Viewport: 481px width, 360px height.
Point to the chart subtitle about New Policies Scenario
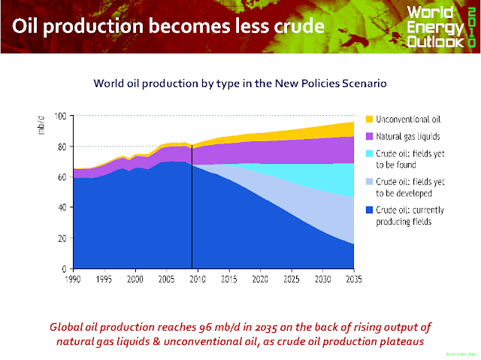(x=240, y=83)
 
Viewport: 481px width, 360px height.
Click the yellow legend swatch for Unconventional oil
(x=368, y=119)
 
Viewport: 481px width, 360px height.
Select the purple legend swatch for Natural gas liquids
(x=368, y=136)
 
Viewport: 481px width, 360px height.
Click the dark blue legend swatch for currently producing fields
(x=368, y=212)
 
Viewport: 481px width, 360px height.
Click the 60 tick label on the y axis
(x=62, y=177)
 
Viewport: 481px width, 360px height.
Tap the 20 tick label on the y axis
(x=62, y=238)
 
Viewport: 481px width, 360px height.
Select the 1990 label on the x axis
(x=74, y=279)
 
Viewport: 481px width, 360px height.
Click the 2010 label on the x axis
(x=198, y=279)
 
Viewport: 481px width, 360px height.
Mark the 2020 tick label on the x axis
(x=260, y=279)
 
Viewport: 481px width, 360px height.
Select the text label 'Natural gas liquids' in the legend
(x=410, y=136)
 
